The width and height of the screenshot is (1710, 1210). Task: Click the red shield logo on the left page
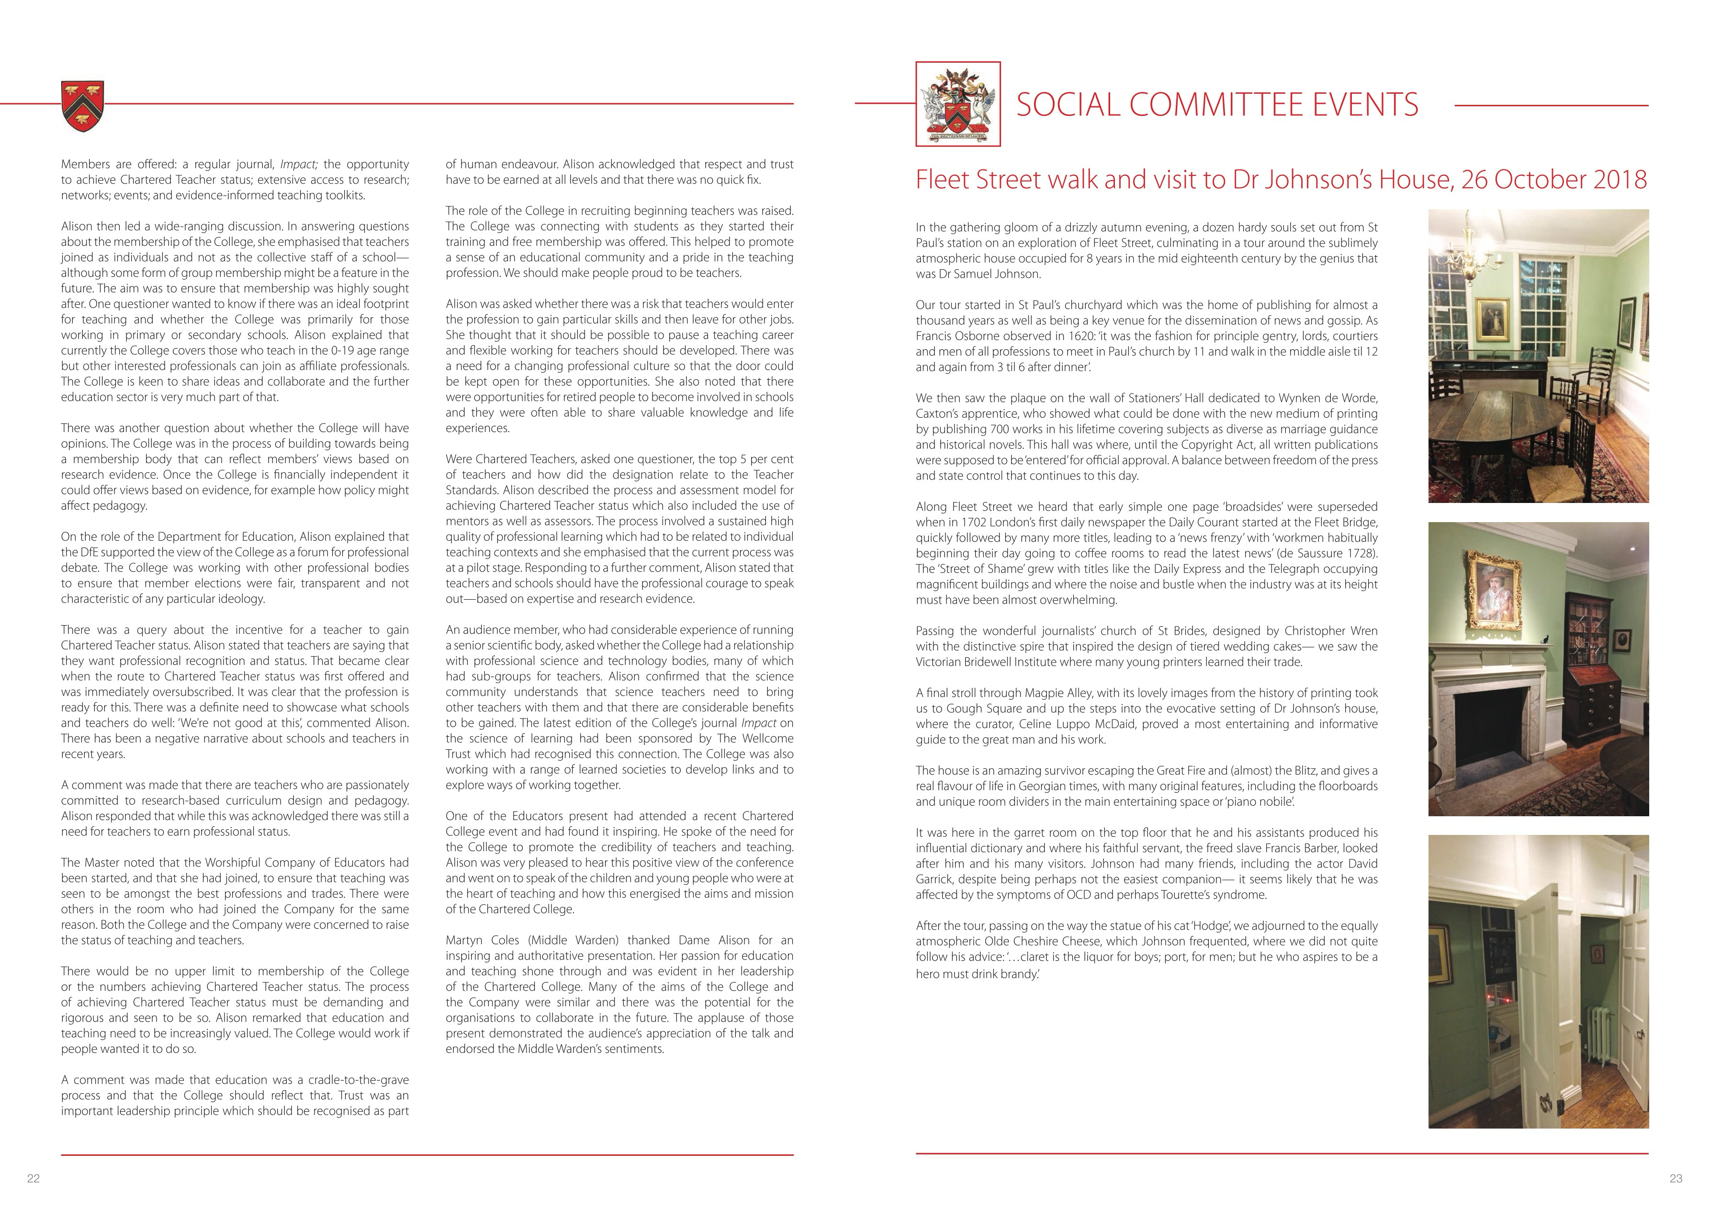click(x=82, y=106)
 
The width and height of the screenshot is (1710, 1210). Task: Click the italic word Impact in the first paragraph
click(x=298, y=164)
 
